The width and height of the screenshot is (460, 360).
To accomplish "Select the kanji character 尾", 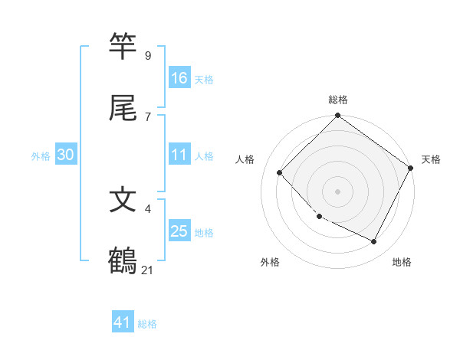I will coord(123,107).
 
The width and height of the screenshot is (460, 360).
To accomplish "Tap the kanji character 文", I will coord(123,200).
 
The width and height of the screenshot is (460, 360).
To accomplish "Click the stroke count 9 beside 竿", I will coord(147,55).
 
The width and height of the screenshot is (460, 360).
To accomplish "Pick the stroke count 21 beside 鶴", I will coord(148,270).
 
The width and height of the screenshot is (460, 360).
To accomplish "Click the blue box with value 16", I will coord(179,77).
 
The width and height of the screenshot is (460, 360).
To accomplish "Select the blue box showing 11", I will coord(179,155).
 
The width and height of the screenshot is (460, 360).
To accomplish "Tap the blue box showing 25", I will coord(179,231).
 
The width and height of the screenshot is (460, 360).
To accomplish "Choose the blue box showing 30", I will coord(66,155).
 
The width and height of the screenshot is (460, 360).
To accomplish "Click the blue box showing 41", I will coord(123,322).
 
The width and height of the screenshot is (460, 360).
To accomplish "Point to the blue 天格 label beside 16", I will coord(203,79).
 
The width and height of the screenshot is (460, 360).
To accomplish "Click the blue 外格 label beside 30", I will coord(41,156).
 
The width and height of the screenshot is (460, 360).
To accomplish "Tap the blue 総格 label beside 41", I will coord(147,324).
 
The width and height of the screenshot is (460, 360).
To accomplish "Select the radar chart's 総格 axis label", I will coord(337,100).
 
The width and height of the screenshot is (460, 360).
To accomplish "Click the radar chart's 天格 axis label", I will coord(431,159).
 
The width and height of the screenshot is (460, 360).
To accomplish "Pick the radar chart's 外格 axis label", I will coord(270,262).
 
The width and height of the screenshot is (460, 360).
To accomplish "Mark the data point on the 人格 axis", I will coord(280,172).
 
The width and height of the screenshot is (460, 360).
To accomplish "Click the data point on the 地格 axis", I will coord(374,242).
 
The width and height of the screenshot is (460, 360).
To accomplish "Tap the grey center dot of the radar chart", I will coord(337,191).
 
